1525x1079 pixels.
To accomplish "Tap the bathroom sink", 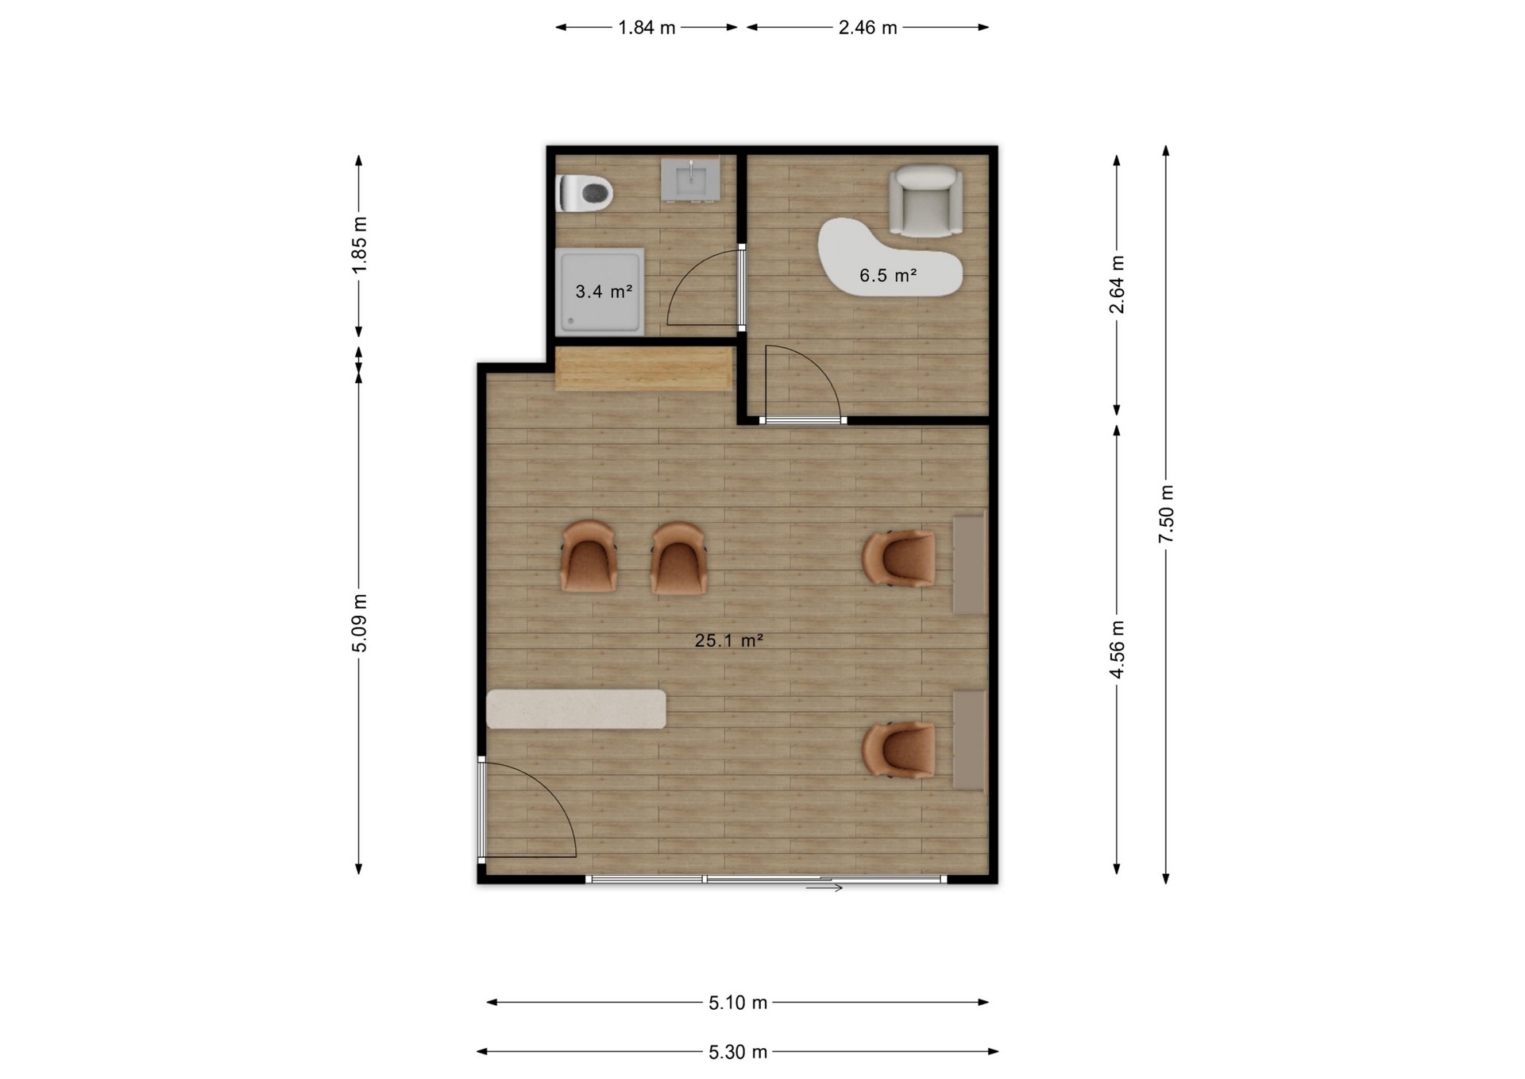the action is pyautogui.click(x=691, y=178).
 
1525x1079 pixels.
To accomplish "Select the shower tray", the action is pyautogui.click(x=600, y=292).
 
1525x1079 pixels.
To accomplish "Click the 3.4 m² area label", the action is pyautogui.click(x=604, y=292).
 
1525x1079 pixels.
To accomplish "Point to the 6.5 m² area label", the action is pyautogui.click(x=888, y=276).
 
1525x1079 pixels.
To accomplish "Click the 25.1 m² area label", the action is pyautogui.click(x=729, y=640).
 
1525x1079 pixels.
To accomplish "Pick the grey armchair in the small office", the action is pyautogui.click(x=925, y=200).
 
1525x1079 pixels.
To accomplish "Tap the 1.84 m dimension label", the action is pyautogui.click(x=647, y=28).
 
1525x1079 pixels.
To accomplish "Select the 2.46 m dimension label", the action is pyautogui.click(x=867, y=28).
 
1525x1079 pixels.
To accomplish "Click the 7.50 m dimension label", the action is pyautogui.click(x=1166, y=514).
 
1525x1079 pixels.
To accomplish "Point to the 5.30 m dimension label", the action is pyautogui.click(x=738, y=1052).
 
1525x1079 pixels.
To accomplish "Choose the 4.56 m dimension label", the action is pyautogui.click(x=1117, y=650).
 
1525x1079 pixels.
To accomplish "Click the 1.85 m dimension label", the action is pyautogui.click(x=359, y=245).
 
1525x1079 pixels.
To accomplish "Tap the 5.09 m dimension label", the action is pyautogui.click(x=359, y=623).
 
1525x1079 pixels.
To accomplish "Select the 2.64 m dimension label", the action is pyautogui.click(x=1117, y=284).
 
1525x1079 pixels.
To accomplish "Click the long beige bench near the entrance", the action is pyautogui.click(x=576, y=709).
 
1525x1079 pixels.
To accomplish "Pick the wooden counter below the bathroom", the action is pyautogui.click(x=643, y=369).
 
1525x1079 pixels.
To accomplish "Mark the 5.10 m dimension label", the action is pyautogui.click(x=738, y=1003).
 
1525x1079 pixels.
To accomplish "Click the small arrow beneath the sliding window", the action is pyautogui.click(x=824, y=888).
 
